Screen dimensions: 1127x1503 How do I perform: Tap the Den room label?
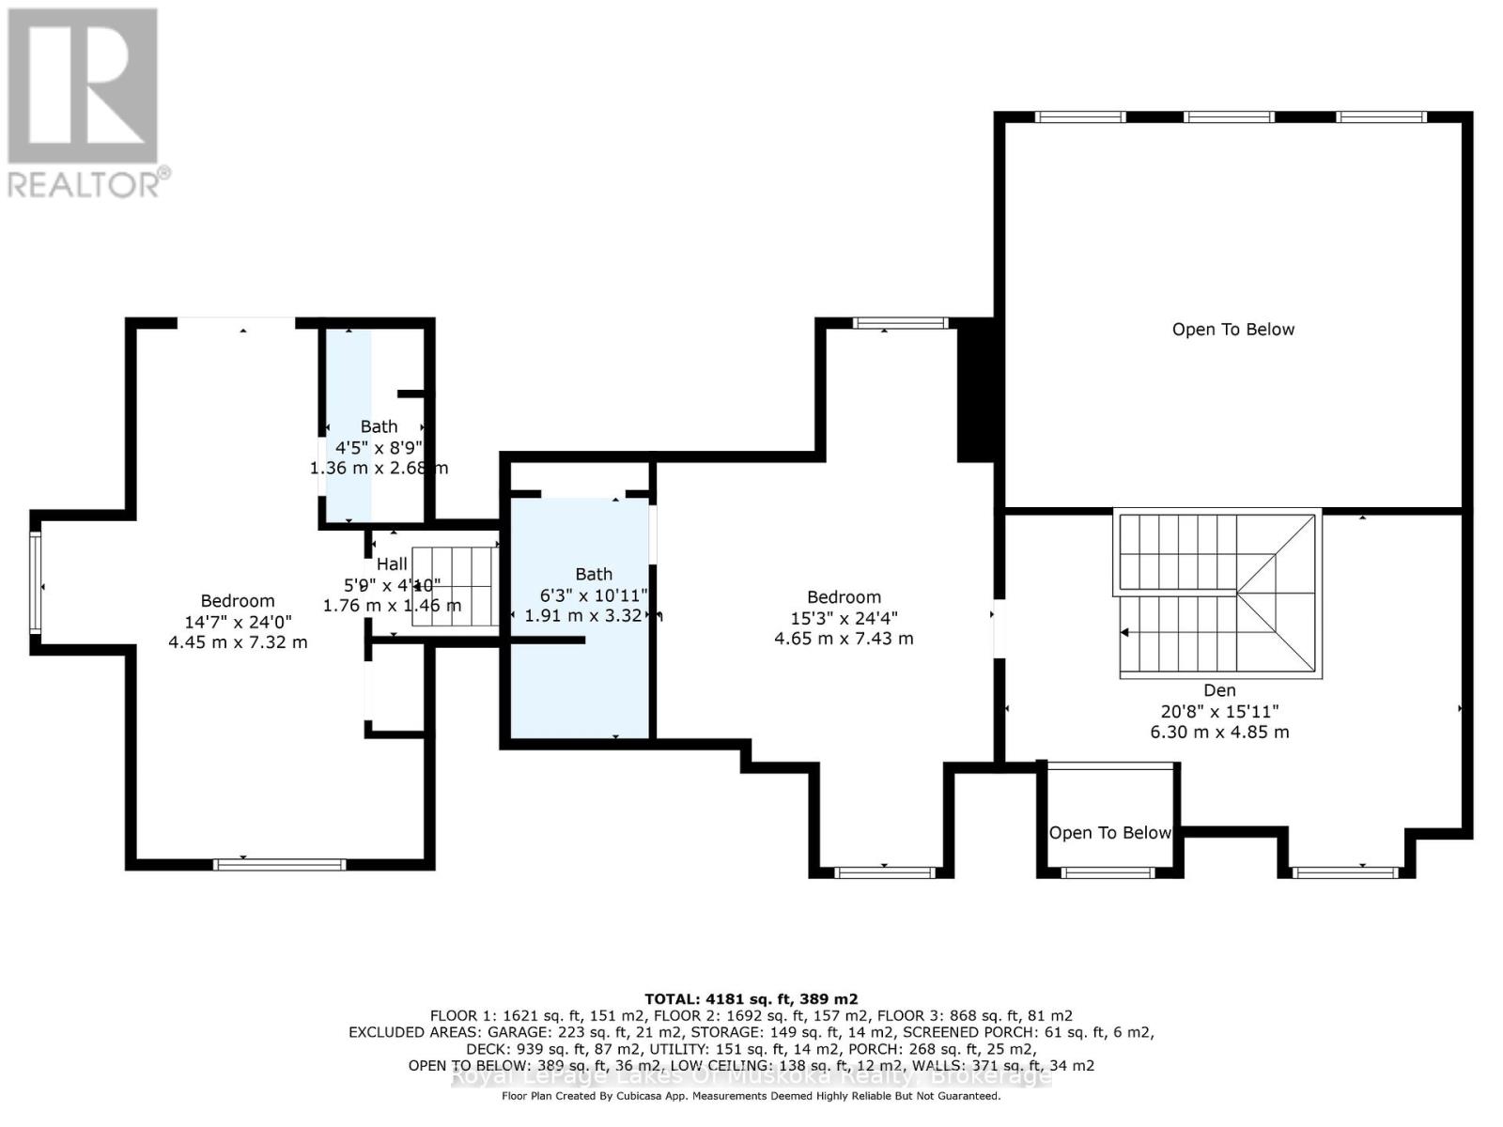tap(1219, 690)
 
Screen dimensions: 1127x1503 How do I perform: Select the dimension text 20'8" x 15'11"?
tap(1219, 712)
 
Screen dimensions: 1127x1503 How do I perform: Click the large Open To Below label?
tap(1232, 330)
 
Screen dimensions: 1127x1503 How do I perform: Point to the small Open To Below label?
tap(1109, 833)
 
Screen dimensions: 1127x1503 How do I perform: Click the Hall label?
tap(392, 563)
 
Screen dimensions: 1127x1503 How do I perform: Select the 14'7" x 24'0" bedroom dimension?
tap(238, 622)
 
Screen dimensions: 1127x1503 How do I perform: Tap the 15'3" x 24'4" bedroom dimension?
tap(844, 618)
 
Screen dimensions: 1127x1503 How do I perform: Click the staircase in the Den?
tap(1218, 594)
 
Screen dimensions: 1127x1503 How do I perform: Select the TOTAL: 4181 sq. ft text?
tap(751, 999)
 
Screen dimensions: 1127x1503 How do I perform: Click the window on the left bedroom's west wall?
tap(35, 582)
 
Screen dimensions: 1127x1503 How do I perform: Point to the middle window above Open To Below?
tap(1229, 117)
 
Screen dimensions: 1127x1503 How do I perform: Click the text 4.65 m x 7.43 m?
tap(844, 639)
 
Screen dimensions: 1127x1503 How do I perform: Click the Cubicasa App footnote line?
tap(751, 1096)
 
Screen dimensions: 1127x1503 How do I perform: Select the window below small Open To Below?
tap(1108, 872)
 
